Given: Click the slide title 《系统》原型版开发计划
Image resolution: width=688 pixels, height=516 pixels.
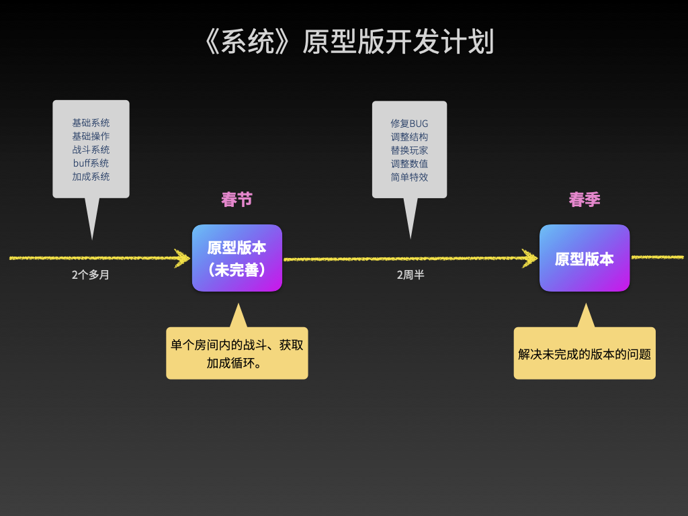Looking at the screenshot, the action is pyautogui.click(x=349, y=42).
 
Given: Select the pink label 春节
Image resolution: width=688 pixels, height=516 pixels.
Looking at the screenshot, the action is pyautogui.click(x=237, y=200).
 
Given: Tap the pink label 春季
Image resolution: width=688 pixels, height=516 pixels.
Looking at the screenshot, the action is pyautogui.click(x=585, y=200).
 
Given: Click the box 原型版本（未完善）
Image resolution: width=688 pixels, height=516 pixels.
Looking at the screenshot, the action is pyautogui.click(x=237, y=258).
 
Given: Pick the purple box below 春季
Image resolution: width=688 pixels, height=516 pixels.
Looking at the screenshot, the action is pyautogui.click(x=585, y=258).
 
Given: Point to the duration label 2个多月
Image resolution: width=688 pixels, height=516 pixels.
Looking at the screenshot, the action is pyautogui.click(x=91, y=275).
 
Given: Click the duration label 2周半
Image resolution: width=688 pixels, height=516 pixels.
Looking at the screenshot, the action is pyautogui.click(x=411, y=275).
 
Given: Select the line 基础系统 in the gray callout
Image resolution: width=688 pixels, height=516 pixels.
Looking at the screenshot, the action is pyautogui.click(x=91, y=123).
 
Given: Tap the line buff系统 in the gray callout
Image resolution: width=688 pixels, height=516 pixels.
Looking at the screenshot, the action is pyautogui.click(x=91, y=163).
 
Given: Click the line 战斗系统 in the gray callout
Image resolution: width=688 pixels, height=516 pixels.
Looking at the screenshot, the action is pyautogui.click(x=91, y=150).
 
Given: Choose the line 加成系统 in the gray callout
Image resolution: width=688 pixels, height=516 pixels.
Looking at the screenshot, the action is pyautogui.click(x=91, y=177).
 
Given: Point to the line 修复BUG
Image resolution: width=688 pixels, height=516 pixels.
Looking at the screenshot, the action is pyautogui.click(x=409, y=124).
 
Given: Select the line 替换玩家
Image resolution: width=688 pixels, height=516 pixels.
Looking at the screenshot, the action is pyautogui.click(x=409, y=150).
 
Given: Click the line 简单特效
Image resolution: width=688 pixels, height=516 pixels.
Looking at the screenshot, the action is pyautogui.click(x=409, y=177).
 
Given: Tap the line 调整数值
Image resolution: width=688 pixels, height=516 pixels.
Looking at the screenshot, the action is pyautogui.click(x=409, y=164).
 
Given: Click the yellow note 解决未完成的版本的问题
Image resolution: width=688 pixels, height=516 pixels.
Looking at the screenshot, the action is pyautogui.click(x=585, y=353).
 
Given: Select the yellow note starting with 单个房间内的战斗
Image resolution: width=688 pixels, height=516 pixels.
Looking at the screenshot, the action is pyautogui.click(x=237, y=353).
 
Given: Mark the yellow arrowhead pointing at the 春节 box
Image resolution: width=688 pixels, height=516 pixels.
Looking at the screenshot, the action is pyautogui.click(x=183, y=258).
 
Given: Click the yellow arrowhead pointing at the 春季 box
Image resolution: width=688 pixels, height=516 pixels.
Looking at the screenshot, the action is pyautogui.click(x=530, y=259).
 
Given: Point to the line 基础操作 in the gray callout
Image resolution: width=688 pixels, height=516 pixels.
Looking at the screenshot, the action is pyautogui.click(x=91, y=136).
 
